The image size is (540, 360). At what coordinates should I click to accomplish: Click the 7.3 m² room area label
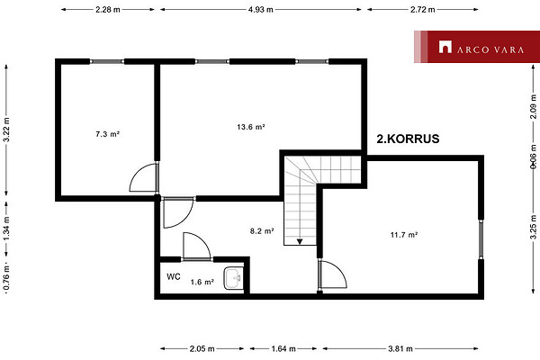click(x=107, y=134)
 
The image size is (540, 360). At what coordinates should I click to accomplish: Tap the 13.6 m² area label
click(x=251, y=127)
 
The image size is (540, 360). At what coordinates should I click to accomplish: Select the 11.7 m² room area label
click(x=404, y=235)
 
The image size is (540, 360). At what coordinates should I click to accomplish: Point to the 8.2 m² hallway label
click(x=262, y=230)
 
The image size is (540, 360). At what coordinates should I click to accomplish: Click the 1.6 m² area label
click(x=202, y=282)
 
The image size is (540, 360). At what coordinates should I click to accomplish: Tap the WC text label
click(x=174, y=276)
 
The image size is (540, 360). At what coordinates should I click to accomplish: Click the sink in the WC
click(x=233, y=278)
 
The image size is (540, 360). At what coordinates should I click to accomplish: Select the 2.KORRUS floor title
click(x=408, y=139)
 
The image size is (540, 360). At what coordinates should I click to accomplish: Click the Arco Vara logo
click(x=477, y=47)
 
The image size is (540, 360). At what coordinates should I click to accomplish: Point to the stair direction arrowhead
click(x=300, y=242)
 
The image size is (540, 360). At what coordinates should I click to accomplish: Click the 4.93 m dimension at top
click(x=261, y=10)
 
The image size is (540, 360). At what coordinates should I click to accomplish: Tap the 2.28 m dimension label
click(x=108, y=10)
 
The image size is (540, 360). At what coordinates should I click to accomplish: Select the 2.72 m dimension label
click(x=423, y=10)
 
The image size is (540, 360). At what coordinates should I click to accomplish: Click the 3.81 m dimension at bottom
click(x=400, y=348)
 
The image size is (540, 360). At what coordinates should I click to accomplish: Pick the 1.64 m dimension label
click(x=283, y=348)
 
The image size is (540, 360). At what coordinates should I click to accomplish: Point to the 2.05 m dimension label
click(x=202, y=348)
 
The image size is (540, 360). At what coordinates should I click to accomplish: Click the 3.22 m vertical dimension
click(x=6, y=130)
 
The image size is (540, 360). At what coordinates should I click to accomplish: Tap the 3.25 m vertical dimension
click(x=533, y=227)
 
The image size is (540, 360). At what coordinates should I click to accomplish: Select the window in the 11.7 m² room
click(x=481, y=239)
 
